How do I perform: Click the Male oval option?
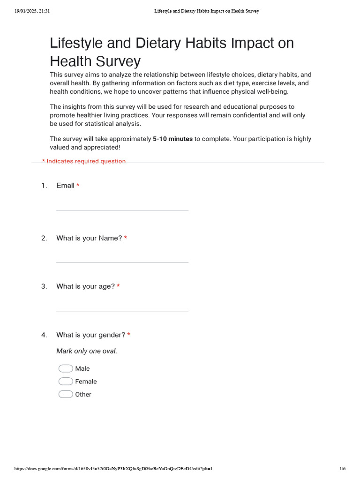pos(66,368)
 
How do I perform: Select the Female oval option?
pos(66,382)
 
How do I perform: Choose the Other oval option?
pos(66,394)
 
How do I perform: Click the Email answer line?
pos(122,209)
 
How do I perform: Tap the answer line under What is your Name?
pos(122,261)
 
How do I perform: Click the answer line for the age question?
pos(122,310)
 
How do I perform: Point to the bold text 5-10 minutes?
pos(172,139)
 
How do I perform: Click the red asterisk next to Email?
pos(78,186)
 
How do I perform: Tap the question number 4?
pos(44,335)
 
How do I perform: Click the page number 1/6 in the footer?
pos(342,469)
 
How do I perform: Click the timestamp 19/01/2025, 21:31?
pos(32,11)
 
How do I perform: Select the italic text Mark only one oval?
pos(87,351)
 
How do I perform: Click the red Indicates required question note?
pos(84,161)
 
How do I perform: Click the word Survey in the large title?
pos(120,61)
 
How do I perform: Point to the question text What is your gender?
pos(90,335)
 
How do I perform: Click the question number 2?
pos(44,238)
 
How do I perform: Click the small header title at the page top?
pos(207,11)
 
